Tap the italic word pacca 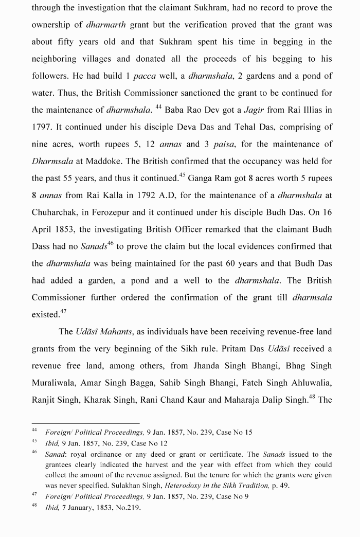pos(145,76)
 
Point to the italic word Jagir pos(254,110)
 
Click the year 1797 pos(42,127)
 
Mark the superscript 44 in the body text pos(158,106)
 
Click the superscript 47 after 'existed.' pos(63,311)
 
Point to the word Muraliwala pos(58,383)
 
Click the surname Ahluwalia pos(310,383)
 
